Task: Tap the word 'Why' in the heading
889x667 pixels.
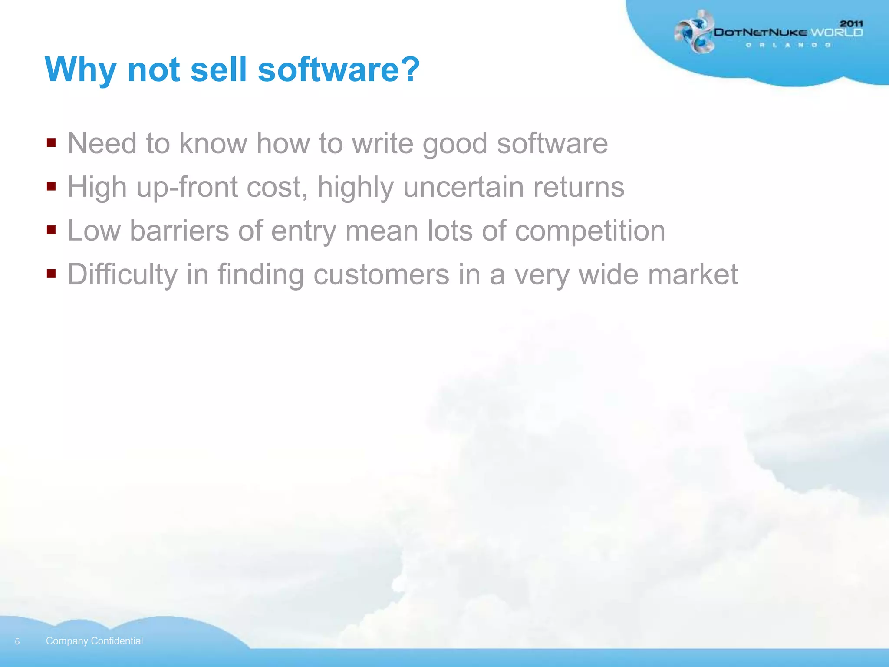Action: pos(80,70)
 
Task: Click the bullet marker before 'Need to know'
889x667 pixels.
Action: pos(51,142)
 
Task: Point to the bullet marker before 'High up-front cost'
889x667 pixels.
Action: pos(51,186)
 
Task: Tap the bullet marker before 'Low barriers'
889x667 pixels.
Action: pos(51,230)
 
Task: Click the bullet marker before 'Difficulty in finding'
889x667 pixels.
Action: pos(51,274)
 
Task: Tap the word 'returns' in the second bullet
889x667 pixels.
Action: pos(579,187)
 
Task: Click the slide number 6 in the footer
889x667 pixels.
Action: pos(17,641)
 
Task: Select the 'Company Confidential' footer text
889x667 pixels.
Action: pos(94,641)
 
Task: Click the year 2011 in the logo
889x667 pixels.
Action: pos(851,23)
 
